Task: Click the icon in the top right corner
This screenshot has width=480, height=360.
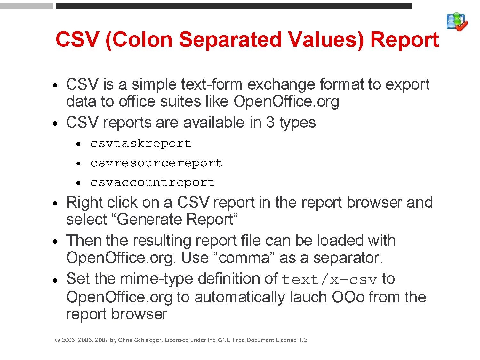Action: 457,22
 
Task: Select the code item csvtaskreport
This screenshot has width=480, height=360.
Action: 141,144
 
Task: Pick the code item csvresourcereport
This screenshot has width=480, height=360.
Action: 156,163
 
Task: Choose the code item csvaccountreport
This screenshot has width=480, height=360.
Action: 153,183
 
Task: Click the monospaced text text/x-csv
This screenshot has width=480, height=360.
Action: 330,280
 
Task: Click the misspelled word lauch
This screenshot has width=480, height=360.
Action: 308,297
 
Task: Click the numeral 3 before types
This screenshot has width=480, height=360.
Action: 270,123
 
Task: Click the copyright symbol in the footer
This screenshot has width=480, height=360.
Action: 58,340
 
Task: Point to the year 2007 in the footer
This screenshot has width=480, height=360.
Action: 101,340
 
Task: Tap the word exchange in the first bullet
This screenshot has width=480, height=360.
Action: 281,85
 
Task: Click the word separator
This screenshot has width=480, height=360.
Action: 348,258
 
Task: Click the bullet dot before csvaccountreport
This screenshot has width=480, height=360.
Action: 78,183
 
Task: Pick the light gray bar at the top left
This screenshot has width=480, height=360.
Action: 27,6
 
